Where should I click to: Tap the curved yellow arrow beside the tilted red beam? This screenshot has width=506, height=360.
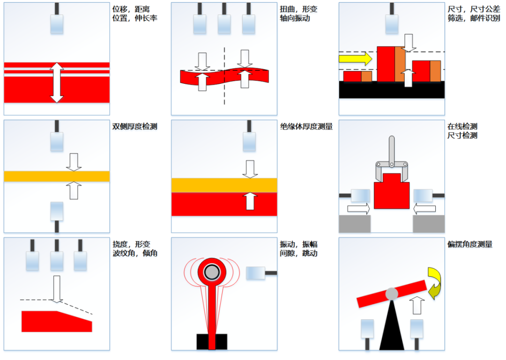(x=434, y=283)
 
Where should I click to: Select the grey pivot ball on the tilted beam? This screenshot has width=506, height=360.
(x=391, y=294)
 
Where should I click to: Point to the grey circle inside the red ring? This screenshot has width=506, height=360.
(x=212, y=272)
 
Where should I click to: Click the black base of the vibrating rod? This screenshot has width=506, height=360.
(x=212, y=341)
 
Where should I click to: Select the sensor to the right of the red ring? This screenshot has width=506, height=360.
(x=256, y=273)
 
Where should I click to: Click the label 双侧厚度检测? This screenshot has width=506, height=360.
(x=134, y=126)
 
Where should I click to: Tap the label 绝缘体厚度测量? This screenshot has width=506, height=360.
(x=306, y=126)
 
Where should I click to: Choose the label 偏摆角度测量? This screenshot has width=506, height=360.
(x=470, y=244)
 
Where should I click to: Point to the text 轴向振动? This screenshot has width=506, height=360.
(x=295, y=18)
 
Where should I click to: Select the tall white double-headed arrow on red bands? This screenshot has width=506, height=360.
(x=57, y=82)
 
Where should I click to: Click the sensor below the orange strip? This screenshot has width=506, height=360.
(x=57, y=211)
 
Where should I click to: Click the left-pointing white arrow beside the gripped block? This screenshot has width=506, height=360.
(x=424, y=209)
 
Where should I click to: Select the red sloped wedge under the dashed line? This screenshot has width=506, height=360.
(x=56, y=321)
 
